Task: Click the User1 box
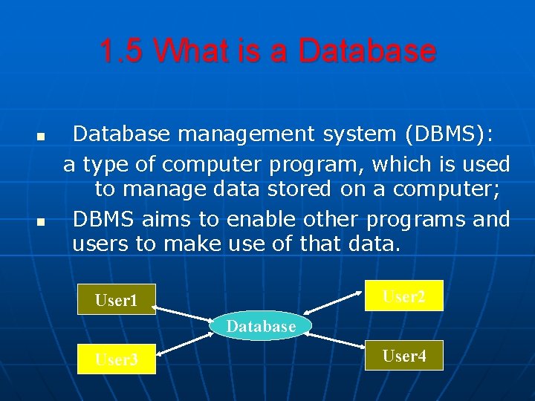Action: point(117,300)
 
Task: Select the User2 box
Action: point(404,296)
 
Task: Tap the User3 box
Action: point(117,359)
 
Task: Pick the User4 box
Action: point(404,356)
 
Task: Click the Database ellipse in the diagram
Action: point(261,326)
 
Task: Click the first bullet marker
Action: point(41,138)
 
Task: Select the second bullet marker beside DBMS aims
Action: point(41,222)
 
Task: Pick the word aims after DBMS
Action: point(166,219)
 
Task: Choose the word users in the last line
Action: point(100,244)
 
